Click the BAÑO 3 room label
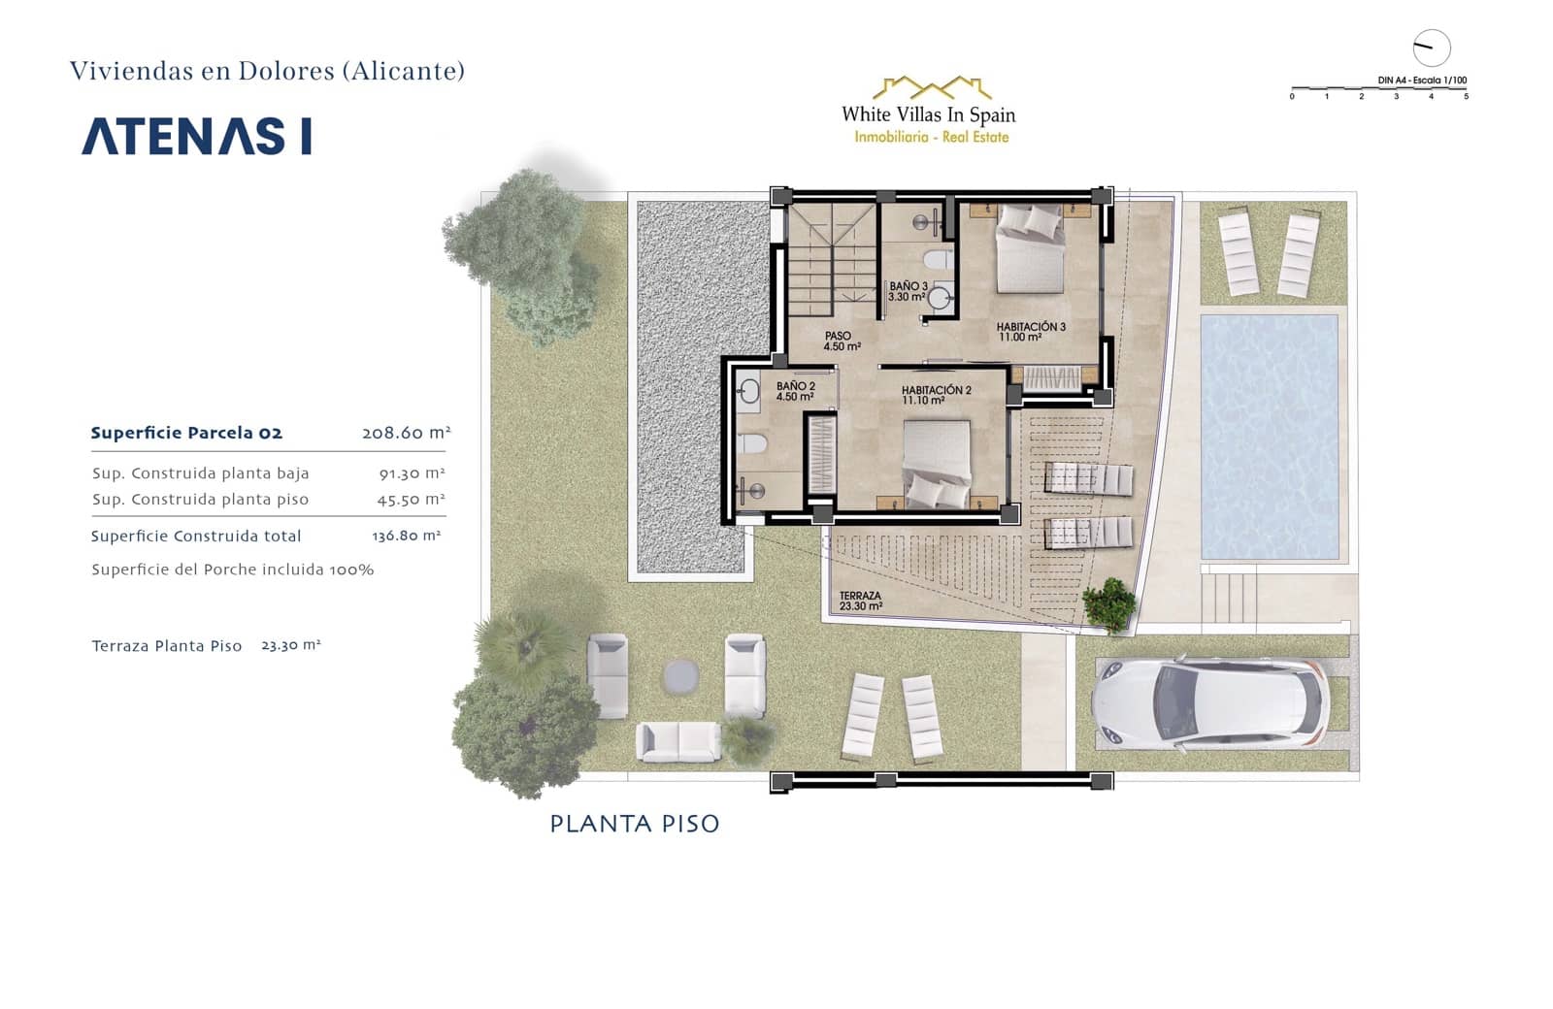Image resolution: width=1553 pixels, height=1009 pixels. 908,291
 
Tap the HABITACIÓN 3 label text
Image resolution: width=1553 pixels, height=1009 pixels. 1030,332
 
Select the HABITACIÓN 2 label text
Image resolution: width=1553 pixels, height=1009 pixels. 936,395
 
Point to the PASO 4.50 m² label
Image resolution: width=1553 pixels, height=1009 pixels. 841,342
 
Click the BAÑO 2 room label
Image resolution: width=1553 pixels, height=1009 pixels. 795,391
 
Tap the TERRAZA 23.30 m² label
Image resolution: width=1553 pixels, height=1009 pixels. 860,602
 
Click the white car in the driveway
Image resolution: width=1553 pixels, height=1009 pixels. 1209,701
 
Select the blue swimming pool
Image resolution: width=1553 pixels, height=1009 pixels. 1269,436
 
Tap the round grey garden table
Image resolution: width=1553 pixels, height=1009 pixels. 680,675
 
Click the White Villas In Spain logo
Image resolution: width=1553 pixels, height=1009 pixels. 929,112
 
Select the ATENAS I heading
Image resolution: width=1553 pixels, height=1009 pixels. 197,137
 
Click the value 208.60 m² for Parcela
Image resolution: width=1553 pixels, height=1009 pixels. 406,433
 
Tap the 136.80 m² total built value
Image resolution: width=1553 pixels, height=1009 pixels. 406,536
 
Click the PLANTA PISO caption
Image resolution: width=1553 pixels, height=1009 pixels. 635,824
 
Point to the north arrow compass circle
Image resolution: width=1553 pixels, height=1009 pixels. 1431,48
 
